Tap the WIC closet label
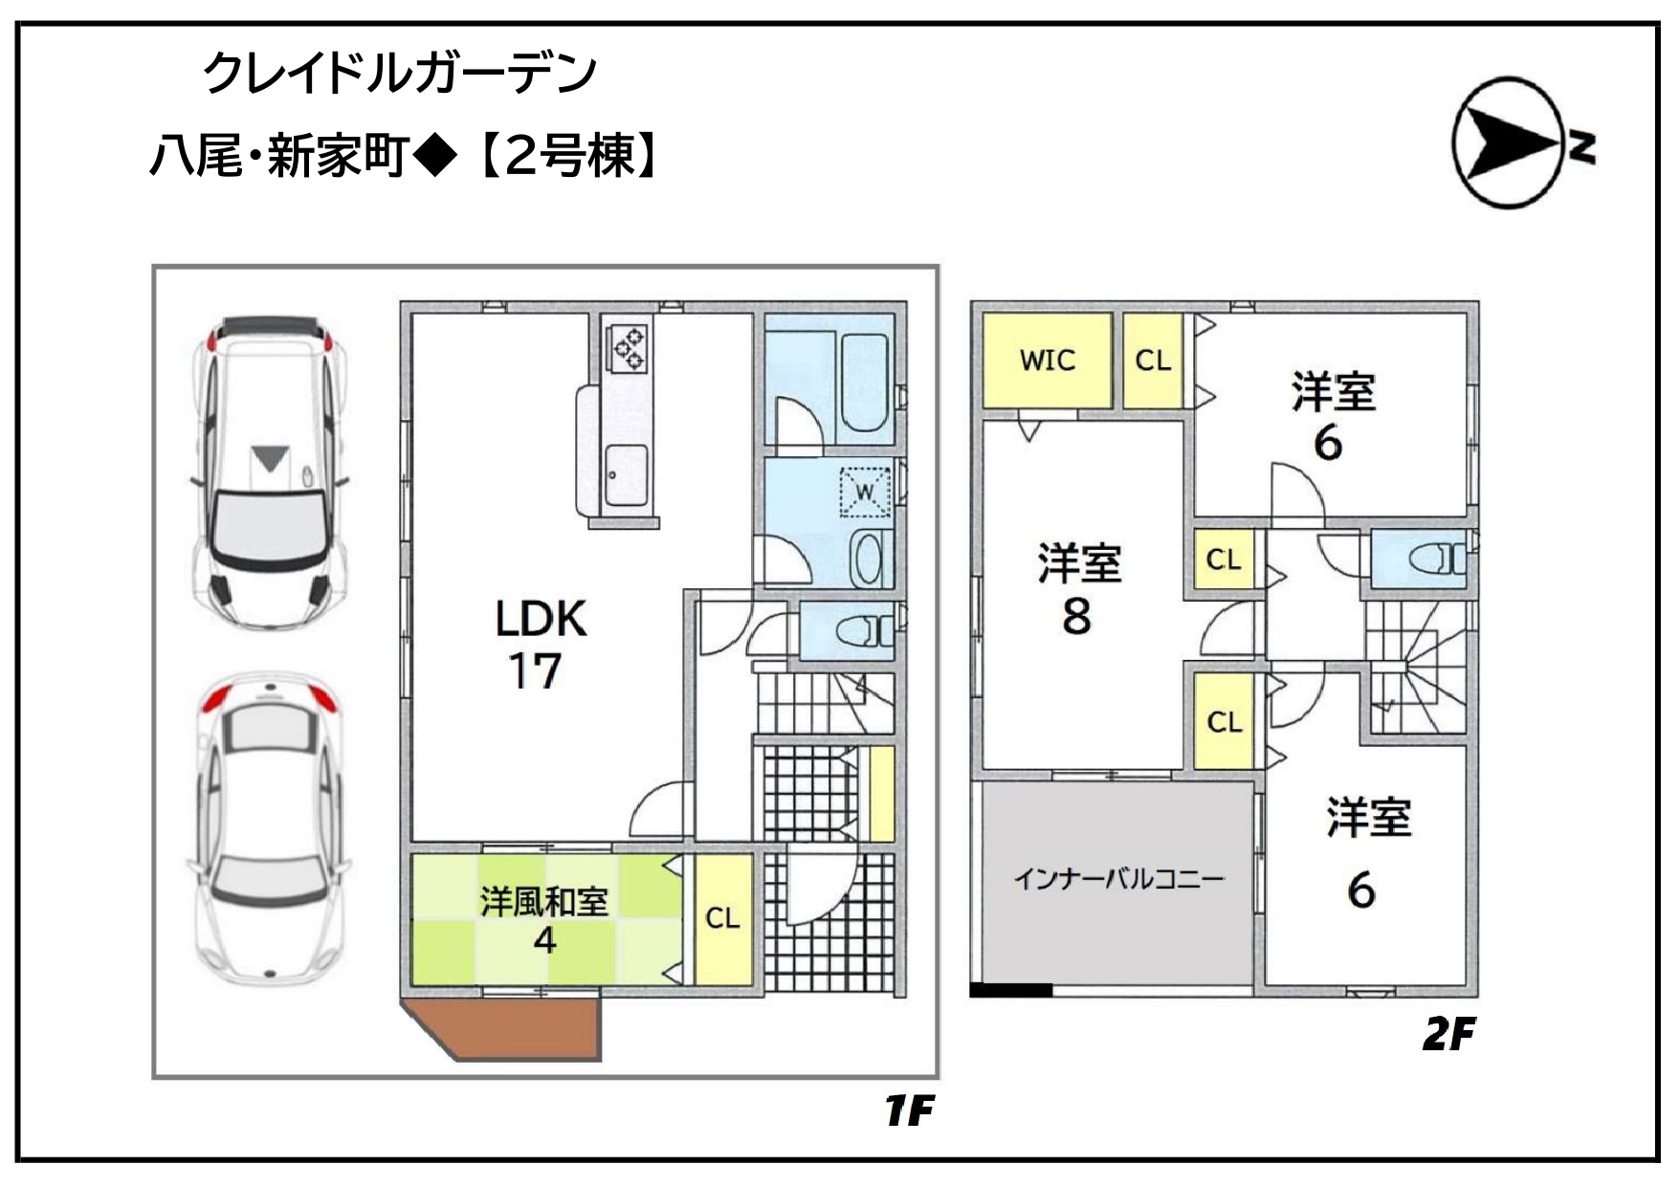click(1048, 361)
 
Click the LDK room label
click(541, 619)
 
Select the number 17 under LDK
click(534, 670)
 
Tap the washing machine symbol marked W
click(865, 492)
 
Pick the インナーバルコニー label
click(1118, 878)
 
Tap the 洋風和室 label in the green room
click(544, 901)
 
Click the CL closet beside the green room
click(723, 918)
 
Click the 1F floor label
click(909, 1110)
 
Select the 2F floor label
click(1448, 1034)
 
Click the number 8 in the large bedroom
click(1076, 616)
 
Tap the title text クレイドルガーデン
click(400, 73)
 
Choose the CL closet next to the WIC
click(1153, 361)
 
